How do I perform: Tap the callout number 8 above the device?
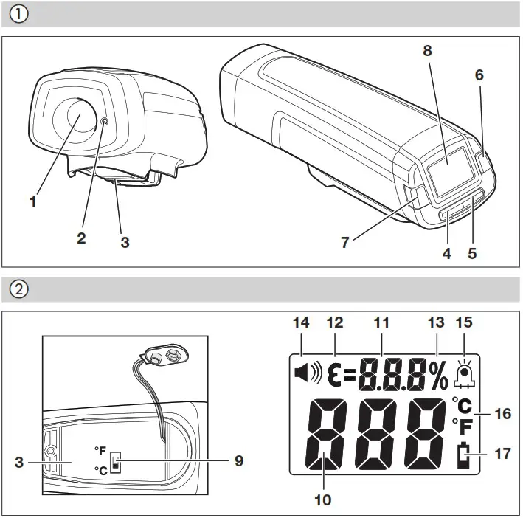click(x=427, y=51)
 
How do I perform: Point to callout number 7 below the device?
click(x=346, y=240)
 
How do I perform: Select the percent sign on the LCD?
click(x=440, y=376)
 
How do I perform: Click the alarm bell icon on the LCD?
click(x=465, y=375)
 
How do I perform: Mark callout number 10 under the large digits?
click(x=322, y=500)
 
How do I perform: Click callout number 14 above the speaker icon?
click(x=302, y=322)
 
